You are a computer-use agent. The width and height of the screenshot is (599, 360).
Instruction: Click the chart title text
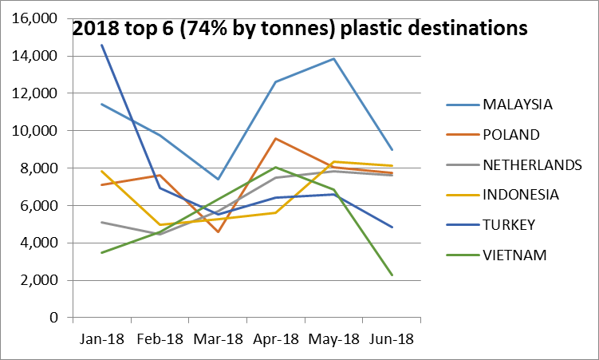tap(300, 28)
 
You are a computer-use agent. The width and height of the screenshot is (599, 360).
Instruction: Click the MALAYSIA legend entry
tap(518, 104)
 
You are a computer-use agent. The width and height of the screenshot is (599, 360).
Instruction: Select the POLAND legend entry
tap(511, 133)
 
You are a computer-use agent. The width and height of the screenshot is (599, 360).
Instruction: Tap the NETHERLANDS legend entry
tap(531, 164)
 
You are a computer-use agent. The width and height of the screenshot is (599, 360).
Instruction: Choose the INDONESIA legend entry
tap(520, 194)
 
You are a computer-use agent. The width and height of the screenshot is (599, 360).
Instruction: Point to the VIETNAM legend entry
tap(513, 255)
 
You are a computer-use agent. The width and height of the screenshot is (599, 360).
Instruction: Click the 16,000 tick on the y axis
tap(37, 18)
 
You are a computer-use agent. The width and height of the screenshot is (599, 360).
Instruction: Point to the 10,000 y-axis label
tap(37, 131)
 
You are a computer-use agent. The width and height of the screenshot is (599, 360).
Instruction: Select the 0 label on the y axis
tap(54, 318)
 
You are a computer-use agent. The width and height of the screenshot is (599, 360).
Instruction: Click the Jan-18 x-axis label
tap(102, 338)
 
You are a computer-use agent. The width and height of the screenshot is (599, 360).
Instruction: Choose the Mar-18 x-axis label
tap(218, 338)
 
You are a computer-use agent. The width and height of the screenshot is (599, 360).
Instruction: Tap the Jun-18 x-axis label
tap(391, 338)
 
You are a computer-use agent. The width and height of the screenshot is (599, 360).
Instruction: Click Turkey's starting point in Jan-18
tap(102, 45)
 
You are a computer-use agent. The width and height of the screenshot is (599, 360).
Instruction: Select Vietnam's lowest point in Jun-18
tap(392, 275)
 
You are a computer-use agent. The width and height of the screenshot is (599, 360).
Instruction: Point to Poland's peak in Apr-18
tap(276, 139)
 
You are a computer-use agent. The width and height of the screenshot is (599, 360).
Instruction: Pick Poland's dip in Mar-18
tap(218, 231)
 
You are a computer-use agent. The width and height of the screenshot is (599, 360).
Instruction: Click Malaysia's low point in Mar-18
tap(218, 179)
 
